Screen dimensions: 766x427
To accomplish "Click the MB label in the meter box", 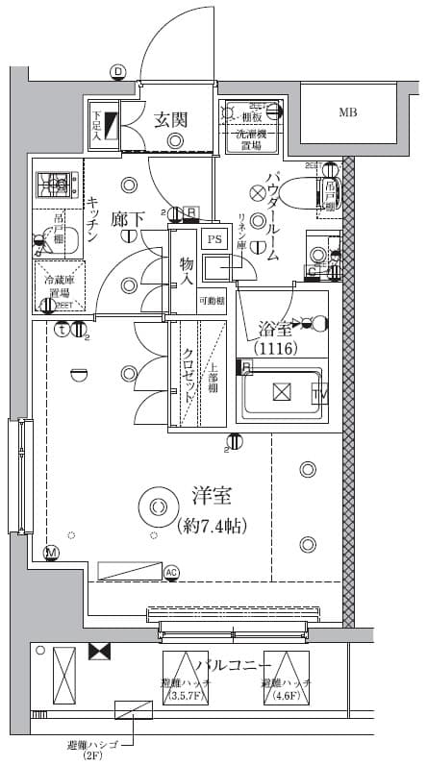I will (x=347, y=112).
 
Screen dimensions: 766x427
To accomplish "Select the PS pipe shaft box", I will (x=214, y=239).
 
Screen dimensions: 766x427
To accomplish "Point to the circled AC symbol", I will (x=172, y=574).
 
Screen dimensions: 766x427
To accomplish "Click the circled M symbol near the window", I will (x=51, y=553).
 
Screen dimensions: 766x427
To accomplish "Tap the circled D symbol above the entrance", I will (x=117, y=71).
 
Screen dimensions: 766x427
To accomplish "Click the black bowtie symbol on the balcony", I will (x=98, y=652).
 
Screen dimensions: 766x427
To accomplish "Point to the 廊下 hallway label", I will (x=127, y=219).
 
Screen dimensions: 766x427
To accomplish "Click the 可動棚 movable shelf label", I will (x=213, y=301).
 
